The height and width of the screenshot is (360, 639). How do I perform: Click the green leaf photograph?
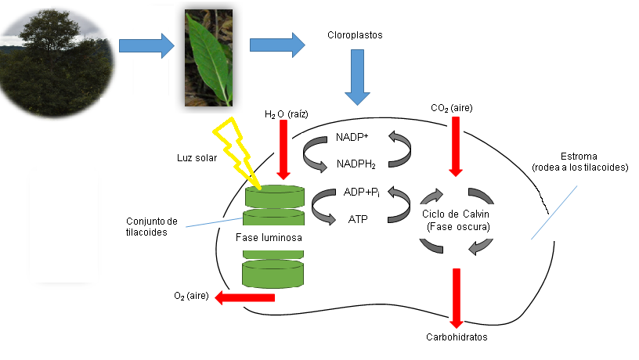[x=209, y=58]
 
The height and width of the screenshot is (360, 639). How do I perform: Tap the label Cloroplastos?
[x=355, y=36]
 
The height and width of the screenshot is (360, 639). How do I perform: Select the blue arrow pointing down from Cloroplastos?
[x=358, y=77]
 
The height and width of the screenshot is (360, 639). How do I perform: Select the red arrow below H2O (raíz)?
[x=283, y=153]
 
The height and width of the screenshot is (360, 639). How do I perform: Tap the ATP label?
[x=357, y=219]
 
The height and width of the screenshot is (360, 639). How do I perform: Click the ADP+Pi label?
[x=361, y=193]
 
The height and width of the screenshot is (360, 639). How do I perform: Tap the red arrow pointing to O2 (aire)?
[x=245, y=297]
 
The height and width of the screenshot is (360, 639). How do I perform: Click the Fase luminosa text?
[x=271, y=236]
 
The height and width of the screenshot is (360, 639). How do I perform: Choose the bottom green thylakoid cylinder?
[x=272, y=274]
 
